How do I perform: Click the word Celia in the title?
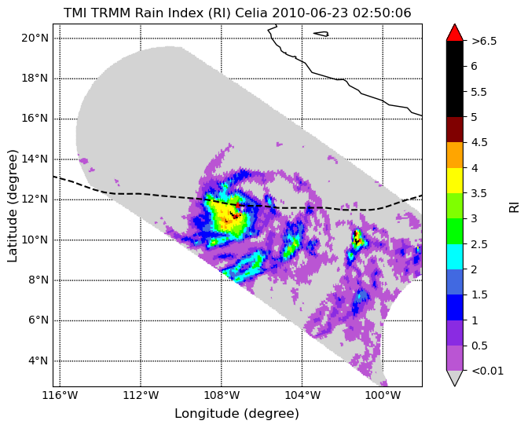(251, 13)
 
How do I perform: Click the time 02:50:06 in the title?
(382, 13)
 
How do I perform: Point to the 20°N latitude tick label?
(35, 38)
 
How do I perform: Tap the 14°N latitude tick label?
(35, 159)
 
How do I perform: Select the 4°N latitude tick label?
(38, 360)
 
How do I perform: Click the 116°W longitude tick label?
(60, 395)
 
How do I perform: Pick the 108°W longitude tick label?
(222, 395)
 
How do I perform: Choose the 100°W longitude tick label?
(383, 395)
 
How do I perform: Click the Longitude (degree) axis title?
(236, 414)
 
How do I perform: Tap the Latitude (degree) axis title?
(12, 206)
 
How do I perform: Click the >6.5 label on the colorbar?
(484, 41)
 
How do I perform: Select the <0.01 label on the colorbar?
(488, 371)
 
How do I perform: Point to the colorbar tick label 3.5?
(479, 193)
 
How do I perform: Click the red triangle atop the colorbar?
(455, 33)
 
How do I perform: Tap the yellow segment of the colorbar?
(455, 181)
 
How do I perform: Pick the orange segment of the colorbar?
(455, 155)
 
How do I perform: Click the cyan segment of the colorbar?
(455, 256)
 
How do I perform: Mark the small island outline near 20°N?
(321, 34)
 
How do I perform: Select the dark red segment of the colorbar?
(455, 130)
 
